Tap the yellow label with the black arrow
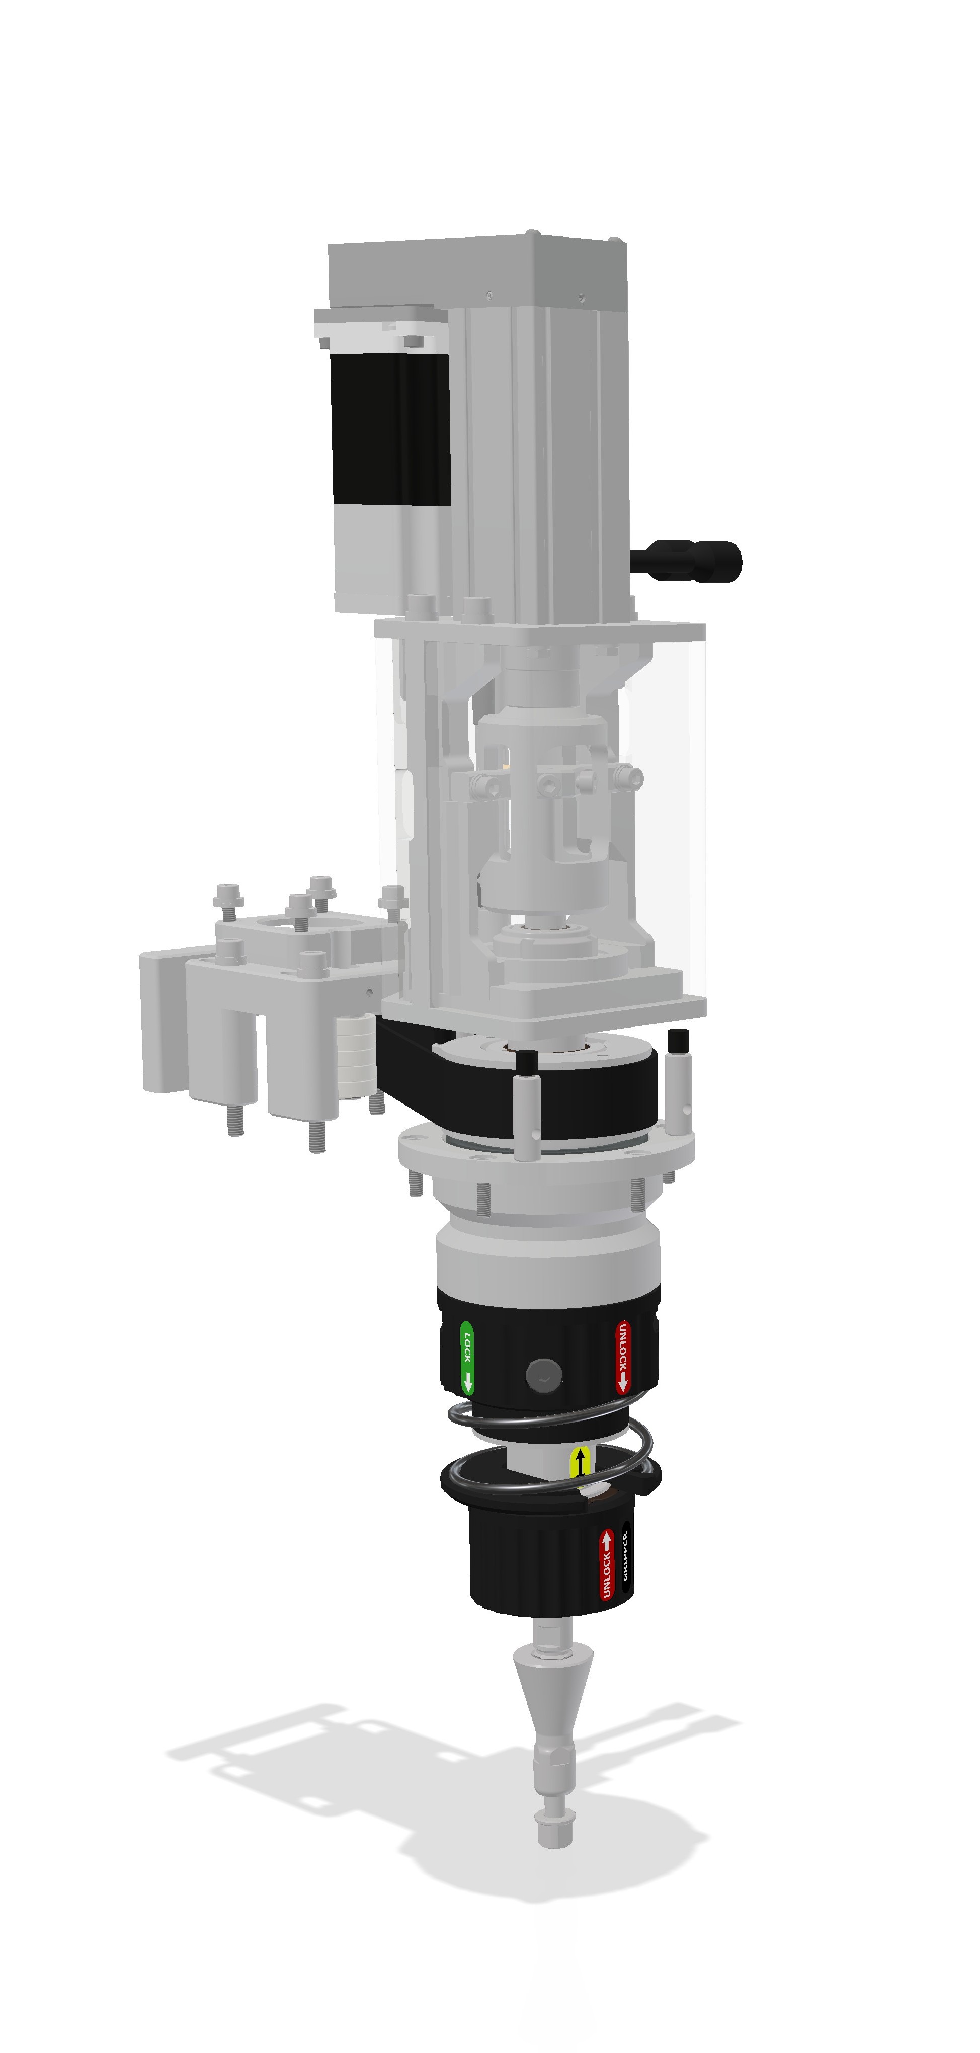(581, 1461)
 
